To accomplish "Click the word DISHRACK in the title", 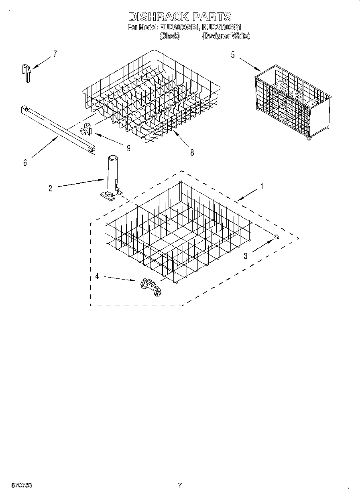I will [159, 16].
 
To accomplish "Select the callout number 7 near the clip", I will [55, 54].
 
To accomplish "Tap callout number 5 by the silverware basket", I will [233, 55].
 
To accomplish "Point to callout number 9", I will [128, 148].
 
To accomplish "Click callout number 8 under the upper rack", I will [192, 152].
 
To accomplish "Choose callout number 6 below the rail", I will [25, 163].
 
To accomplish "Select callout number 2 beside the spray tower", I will [50, 188].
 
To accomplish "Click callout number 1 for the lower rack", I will [262, 187].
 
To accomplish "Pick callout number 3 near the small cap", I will [245, 256].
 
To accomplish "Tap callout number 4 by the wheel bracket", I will [97, 276].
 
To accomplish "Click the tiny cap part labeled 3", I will [276, 237].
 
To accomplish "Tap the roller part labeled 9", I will [86, 130].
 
